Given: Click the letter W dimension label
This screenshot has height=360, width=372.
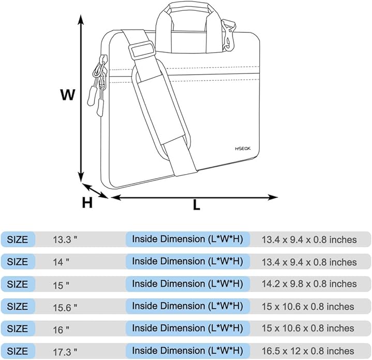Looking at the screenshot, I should (x=68, y=95).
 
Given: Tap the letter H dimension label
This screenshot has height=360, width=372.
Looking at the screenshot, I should (x=87, y=203).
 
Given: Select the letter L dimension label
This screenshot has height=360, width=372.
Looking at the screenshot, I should (x=197, y=205).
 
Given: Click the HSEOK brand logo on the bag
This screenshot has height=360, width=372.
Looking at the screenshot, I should (x=242, y=149).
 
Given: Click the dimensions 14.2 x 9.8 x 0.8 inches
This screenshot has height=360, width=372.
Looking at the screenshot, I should (x=309, y=284).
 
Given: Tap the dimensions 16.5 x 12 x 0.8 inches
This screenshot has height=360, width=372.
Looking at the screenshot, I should (x=308, y=351).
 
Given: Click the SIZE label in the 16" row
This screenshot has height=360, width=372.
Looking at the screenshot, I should (x=18, y=329).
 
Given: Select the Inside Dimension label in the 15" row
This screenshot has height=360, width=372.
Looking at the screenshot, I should (x=187, y=284).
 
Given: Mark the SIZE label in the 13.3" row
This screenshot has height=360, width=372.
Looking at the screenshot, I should (x=18, y=239).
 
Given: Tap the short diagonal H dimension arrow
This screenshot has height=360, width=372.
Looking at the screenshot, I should (x=96, y=191).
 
